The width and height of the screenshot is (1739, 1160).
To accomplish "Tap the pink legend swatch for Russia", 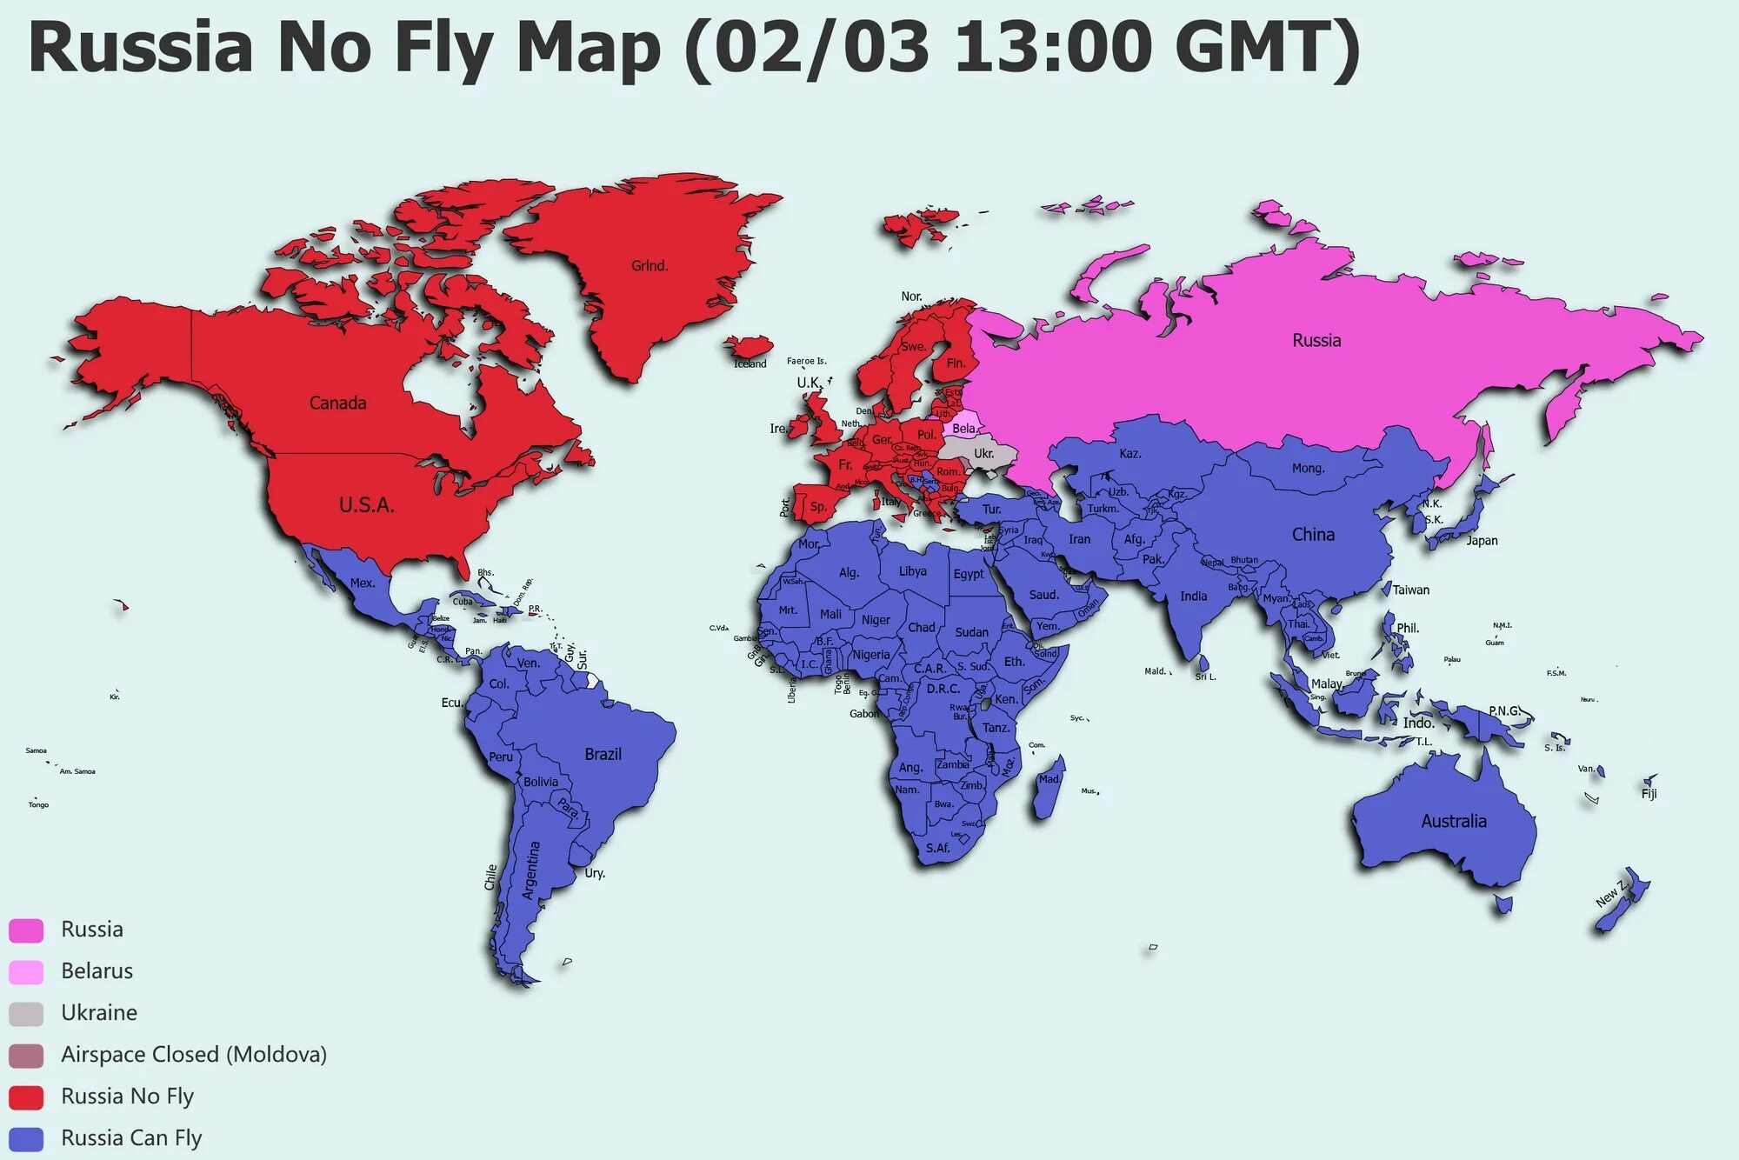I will [26, 930].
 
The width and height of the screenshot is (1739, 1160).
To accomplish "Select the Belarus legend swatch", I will [26, 971].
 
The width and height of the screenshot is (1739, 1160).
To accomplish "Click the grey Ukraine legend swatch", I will [26, 1013].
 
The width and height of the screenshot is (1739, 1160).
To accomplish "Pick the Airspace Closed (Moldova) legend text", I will [193, 1055].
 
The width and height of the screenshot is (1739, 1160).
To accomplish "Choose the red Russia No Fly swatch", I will [26, 1097].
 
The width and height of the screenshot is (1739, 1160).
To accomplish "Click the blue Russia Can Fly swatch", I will [26, 1138].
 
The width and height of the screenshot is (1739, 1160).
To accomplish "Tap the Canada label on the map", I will [337, 403].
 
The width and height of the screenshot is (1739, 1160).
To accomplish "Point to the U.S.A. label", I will [366, 505].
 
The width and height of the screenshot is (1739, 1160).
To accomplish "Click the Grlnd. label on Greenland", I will [650, 266].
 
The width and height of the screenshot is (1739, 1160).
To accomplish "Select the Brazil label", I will [603, 755].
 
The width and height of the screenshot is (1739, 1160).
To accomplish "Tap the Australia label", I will [1454, 822].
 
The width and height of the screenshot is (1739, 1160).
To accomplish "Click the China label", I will [1313, 535].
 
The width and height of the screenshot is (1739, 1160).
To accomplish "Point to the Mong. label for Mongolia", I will [1308, 469].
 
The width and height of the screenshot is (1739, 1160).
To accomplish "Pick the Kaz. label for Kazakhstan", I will [1130, 454].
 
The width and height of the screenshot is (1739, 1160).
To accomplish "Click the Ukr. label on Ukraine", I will [983, 454].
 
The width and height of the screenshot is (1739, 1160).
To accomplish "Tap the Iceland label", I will [750, 363].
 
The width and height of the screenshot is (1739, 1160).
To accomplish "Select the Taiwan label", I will [1410, 590].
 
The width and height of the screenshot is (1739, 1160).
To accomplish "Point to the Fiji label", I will [1649, 794].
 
